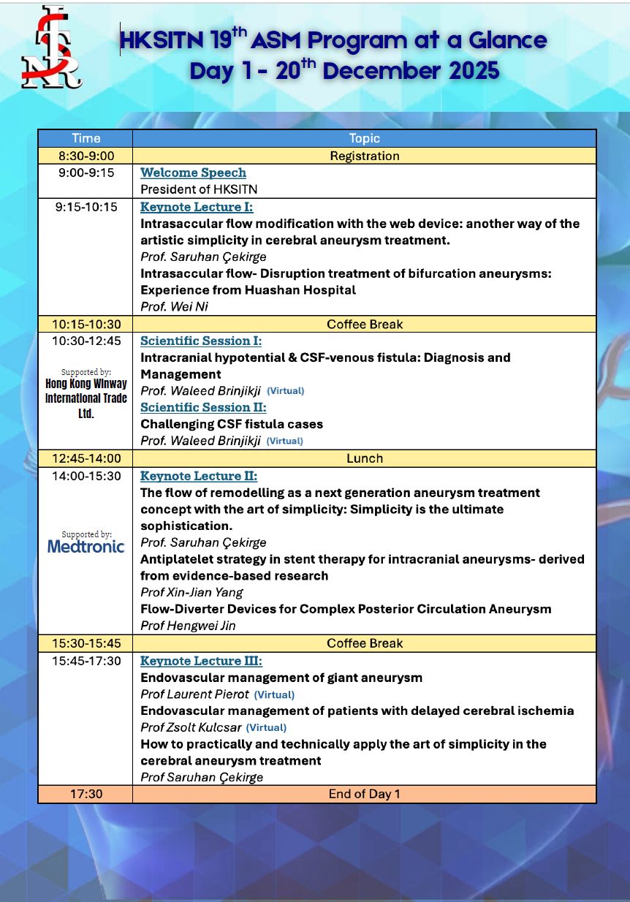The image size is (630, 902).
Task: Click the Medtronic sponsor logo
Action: (86, 546)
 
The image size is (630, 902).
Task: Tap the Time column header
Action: (86, 138)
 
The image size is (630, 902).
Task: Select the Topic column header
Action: (364, 138)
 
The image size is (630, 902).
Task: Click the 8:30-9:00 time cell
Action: (86, 156)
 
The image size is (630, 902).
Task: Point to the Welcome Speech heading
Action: (193, 173)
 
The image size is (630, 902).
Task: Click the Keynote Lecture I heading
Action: (197, 207)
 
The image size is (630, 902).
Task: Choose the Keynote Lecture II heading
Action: (199, 476)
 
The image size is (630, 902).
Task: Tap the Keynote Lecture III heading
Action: (201, 661)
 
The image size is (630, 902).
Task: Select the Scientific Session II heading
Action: (203, 407)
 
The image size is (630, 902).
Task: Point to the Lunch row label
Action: (364, 458)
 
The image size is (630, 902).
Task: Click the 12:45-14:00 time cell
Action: (86, 458)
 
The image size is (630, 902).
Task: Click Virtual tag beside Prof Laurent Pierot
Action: (274, 694)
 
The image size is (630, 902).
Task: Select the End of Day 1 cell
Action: (364, 794)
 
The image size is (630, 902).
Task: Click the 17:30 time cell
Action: (86, 794)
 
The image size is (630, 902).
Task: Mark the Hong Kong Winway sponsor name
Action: (86, 398)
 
